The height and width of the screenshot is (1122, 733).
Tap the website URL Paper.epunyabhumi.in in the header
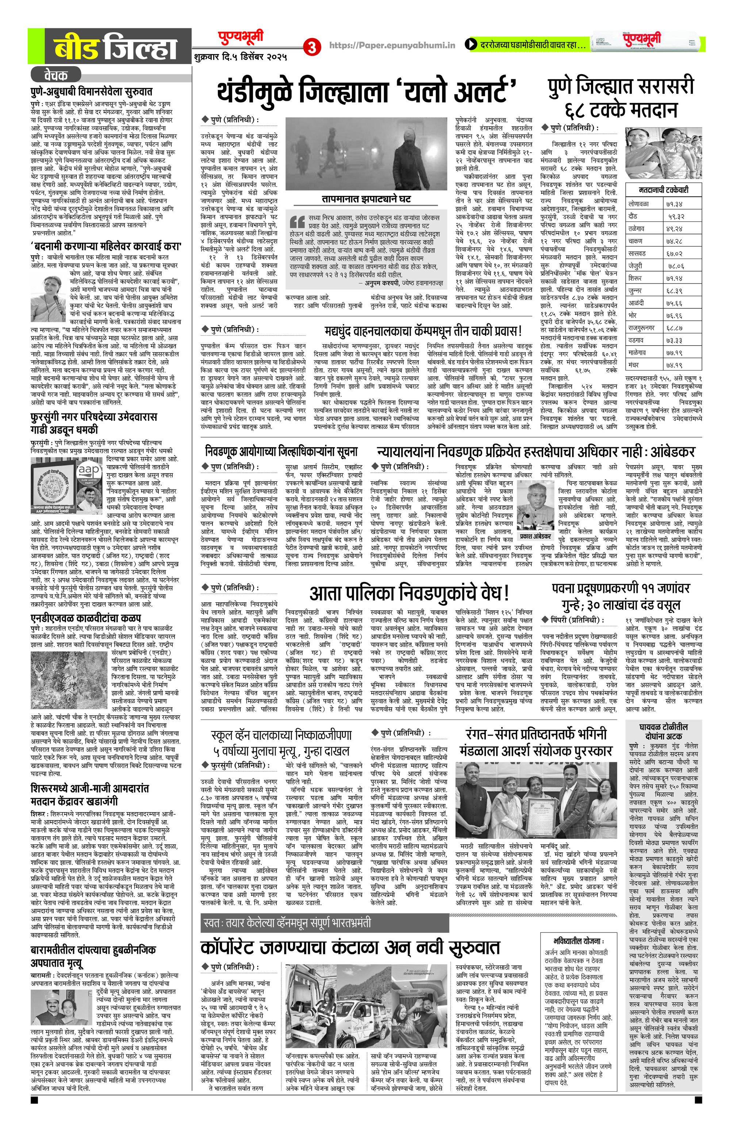(x=392, y=45)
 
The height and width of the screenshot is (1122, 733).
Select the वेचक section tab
(x=55, y=75)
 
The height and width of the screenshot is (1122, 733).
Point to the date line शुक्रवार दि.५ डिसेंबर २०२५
(x=240, y=57)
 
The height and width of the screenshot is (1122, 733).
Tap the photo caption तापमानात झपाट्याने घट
(x=366, y=199)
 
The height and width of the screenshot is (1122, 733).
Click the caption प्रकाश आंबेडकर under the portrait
(x=535, y=536)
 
